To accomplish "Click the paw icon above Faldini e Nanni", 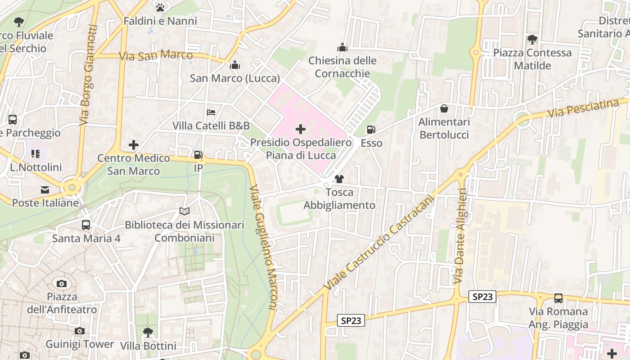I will pyautogui.click(x=160, y=7).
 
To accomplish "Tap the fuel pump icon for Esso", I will pyautogui.click(x=371, y=130).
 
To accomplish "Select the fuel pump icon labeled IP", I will pyautogui.click(x=198, y=155).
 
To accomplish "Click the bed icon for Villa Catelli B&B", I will pyautogui.click(x=211, y=112).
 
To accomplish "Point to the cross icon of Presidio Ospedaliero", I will pyautogui.click(x=301, y=130).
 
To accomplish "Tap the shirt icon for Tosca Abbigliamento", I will pyautogui.click(x=339, y=179).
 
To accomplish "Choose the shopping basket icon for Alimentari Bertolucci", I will pyautogui.click(x=444, y=108).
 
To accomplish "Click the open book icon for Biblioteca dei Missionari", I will pyautogui.click(x=184, y=211).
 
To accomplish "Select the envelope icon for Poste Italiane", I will pyautogui.click(x=45, y=190).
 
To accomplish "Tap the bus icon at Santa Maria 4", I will pyautogui.click(x=86, y=225).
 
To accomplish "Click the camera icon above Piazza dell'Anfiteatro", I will pyautogui.click(x=62, y=283).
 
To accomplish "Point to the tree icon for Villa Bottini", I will pyautogui.click(x=148, y=333).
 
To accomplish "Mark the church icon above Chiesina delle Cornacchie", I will pyautogui.click(x=342, y=47).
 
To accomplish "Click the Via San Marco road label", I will pyautogui.click(x=156, y=56).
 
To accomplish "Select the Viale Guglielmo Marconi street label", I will pyautogui.click(x=263, y=247).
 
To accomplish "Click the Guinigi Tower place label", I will pyautogui.click(x=80, y=344).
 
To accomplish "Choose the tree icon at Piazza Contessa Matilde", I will pyautogui.click(x=532, y=40).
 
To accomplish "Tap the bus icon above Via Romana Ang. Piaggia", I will pyautogui.click(x=558, y=298).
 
